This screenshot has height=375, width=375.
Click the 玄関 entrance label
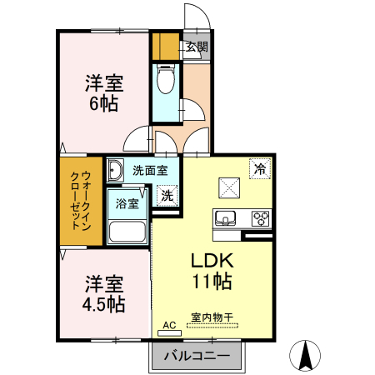click(x=197, y=47)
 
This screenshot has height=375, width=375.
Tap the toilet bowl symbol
click(x=165, y=81)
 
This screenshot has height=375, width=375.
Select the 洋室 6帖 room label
click(x=103, y=93)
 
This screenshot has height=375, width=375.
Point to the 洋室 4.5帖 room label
click(x=104, y=293)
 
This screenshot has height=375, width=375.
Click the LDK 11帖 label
click(x=212, y=271)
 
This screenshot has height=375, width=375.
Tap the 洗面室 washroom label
click(x=150, y=170)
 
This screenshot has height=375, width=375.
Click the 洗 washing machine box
click(x=167, y=197)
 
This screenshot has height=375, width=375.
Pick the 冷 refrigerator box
click(x=260, y=167)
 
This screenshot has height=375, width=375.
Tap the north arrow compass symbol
click(x=306, y=356)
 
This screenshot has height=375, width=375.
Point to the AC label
click(x=169, y=325)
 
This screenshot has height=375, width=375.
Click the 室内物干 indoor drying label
click(x=212, y=317)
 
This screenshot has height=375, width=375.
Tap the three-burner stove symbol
click(x=261, y=219)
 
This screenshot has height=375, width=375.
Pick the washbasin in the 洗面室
click(x=116, y=171)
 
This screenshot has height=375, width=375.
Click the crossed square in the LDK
click(x=228, y=187)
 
